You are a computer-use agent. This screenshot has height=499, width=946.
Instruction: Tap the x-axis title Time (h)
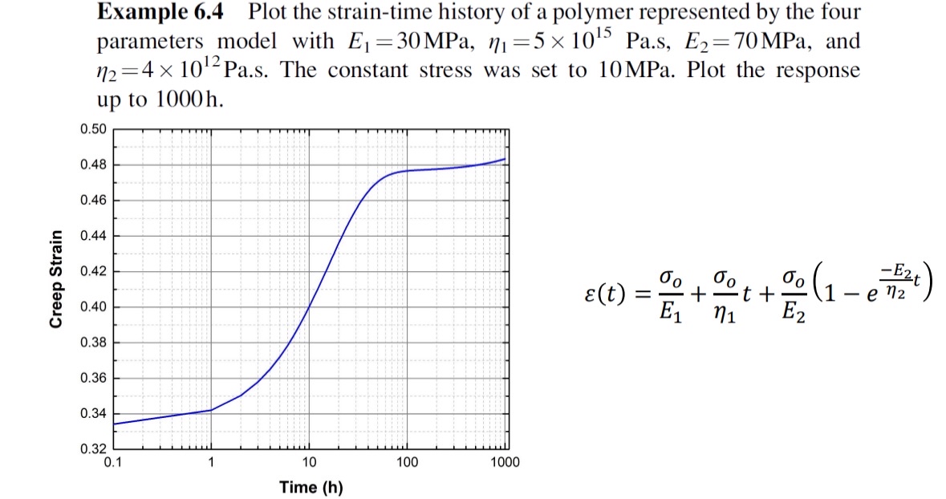311,487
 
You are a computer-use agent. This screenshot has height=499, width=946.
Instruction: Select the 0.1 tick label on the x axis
113,462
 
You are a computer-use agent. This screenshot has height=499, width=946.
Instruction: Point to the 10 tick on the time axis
310,462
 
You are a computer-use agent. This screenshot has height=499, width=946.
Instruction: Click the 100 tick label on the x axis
408,462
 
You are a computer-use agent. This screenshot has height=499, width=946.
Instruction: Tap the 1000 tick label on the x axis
505,462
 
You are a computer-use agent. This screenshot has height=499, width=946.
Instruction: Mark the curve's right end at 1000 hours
505,159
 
